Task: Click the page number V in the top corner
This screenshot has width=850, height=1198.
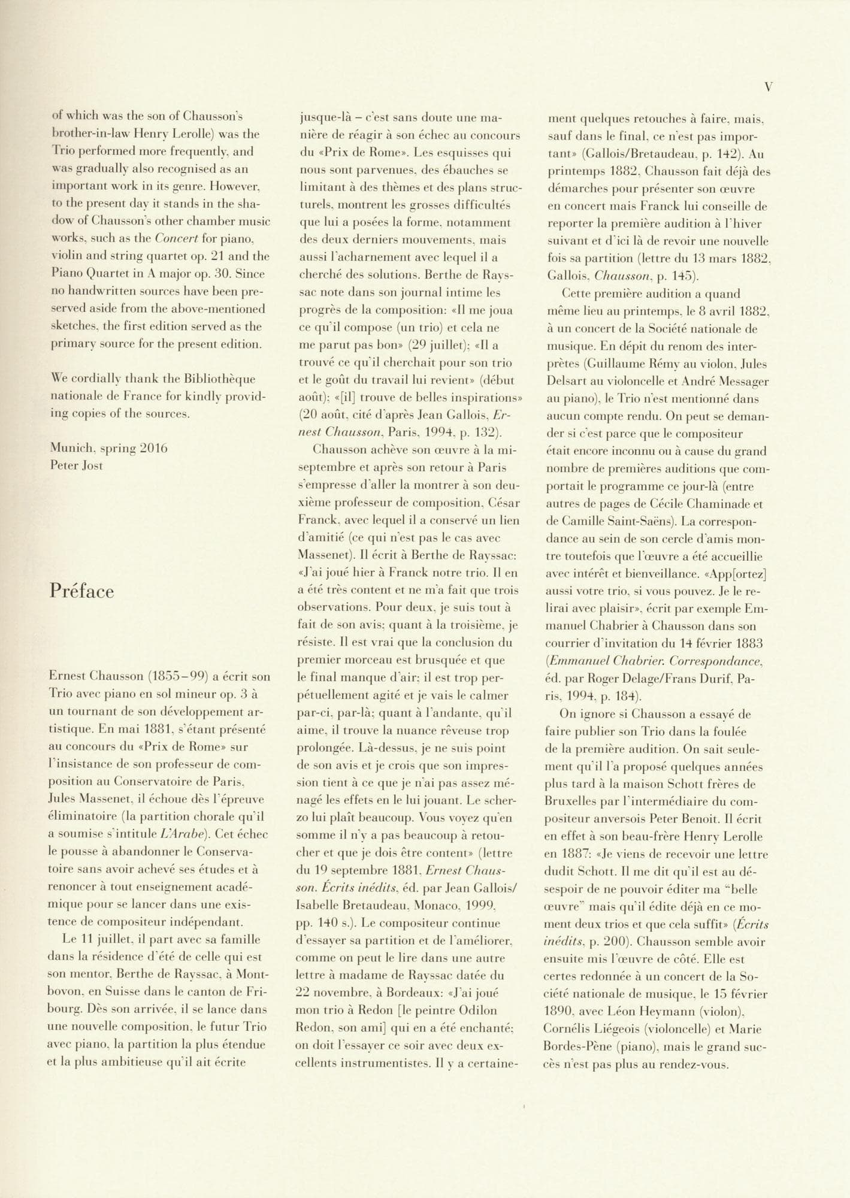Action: click(x=769, y=87)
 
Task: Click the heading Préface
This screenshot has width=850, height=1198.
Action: click(x=81, y=591)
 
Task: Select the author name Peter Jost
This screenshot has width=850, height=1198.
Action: click(x=77, y=465)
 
